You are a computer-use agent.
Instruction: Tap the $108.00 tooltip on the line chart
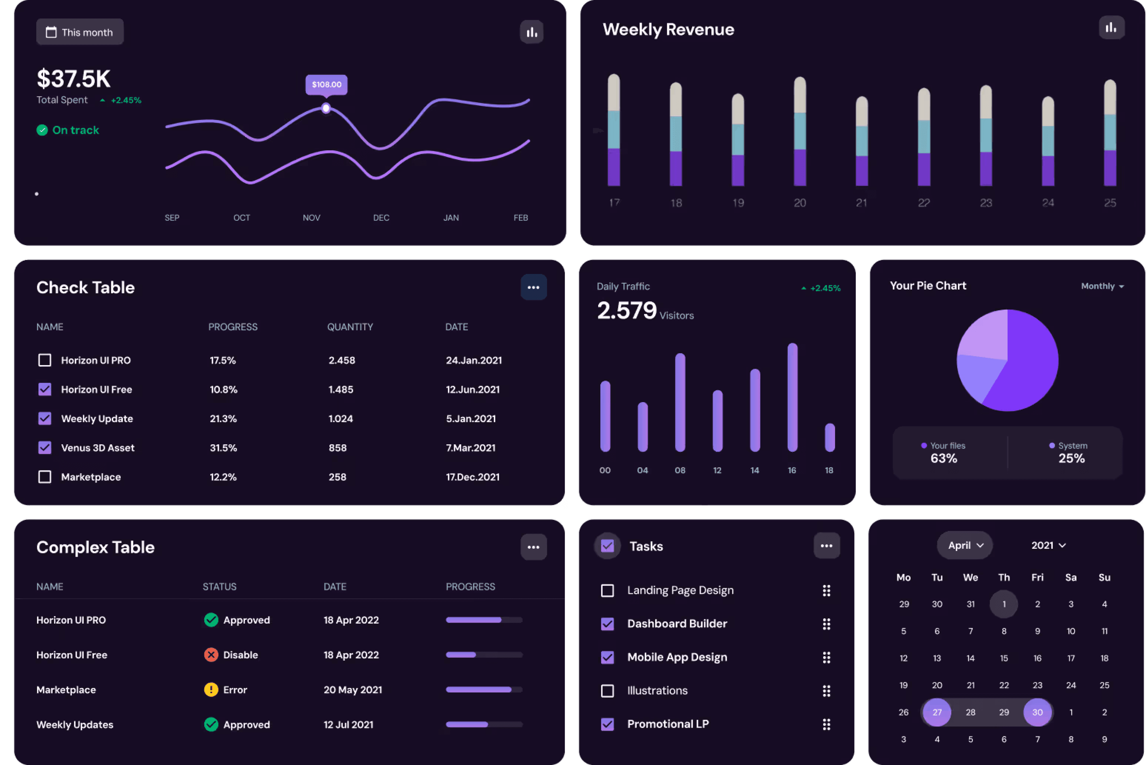(x=326, y=84)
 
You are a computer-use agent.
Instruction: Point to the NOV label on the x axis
(x=311, y=218)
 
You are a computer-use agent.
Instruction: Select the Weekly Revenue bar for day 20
(x=800, y=132)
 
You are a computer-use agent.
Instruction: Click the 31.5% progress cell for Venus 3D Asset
(x=223, y=448)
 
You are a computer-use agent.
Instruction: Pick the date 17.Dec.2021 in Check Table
(x=473, y=477)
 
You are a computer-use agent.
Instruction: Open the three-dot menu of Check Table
(x=533, y=287)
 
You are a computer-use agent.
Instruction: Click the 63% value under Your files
(x=944, y=458)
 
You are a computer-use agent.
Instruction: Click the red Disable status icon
(x=211, y=655)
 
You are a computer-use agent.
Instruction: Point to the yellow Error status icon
(x=211, y=690)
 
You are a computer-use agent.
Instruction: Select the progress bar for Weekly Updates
(x=484, y=725)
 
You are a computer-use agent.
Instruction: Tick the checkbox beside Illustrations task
(x=607, y=691)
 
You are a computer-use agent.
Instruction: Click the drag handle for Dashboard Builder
(x=826, y=624)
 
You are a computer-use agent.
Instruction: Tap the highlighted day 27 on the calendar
(x=937, y=712)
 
